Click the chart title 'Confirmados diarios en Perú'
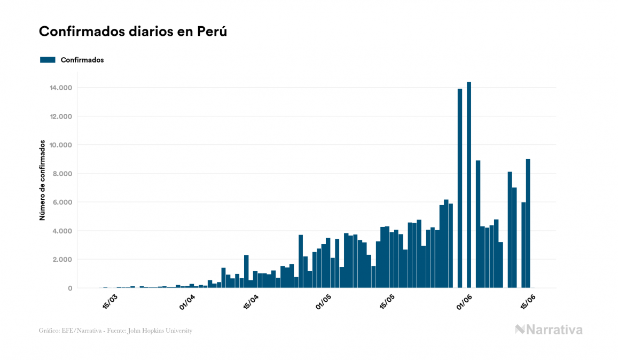pos(133,32)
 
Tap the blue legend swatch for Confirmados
pos(48,60)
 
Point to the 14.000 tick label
pos(61,88)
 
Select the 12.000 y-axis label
pos(61,116)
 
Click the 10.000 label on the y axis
pos(61,145)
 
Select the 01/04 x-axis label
pos(187,302)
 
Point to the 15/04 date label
pos(251,302)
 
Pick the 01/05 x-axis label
pos(324,302)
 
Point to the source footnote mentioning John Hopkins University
pos(115,331)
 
